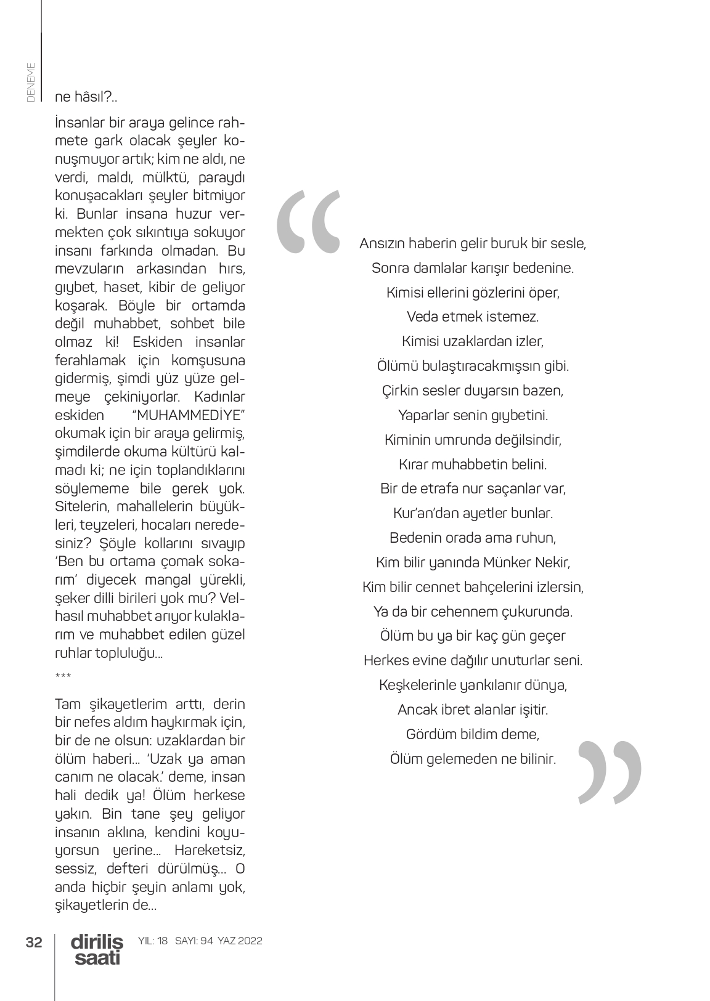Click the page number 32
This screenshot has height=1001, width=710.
(34, 942)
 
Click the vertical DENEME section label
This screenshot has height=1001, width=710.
(31, 81)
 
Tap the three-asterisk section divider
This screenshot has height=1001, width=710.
(63, 677)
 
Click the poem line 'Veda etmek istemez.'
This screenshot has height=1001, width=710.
(473, 317)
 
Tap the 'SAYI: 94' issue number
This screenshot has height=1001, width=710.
(194, 941)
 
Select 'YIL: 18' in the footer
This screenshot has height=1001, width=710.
(153, 941)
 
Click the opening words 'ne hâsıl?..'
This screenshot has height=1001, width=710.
(86, 97)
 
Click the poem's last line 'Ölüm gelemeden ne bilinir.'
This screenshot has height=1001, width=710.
(473, 759)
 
